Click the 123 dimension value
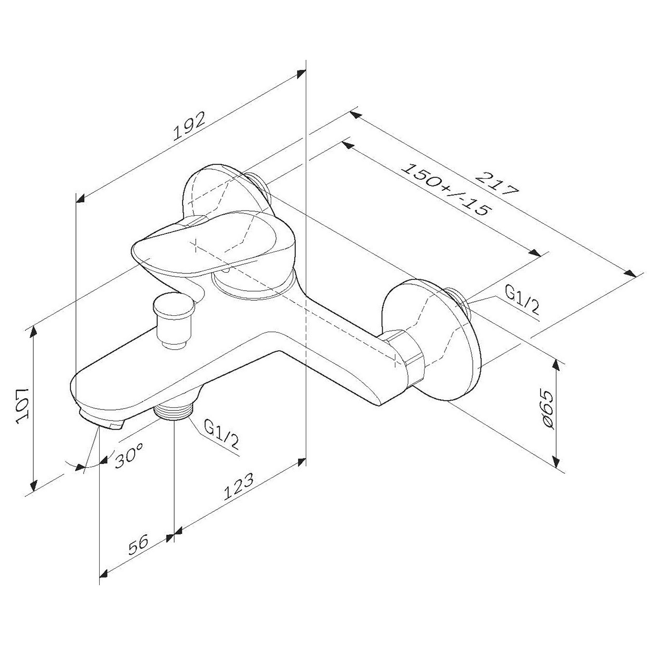[238, 486]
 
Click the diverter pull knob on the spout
[173, 320]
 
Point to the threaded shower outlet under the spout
[174, 411]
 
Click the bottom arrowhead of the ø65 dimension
[556, 462]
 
